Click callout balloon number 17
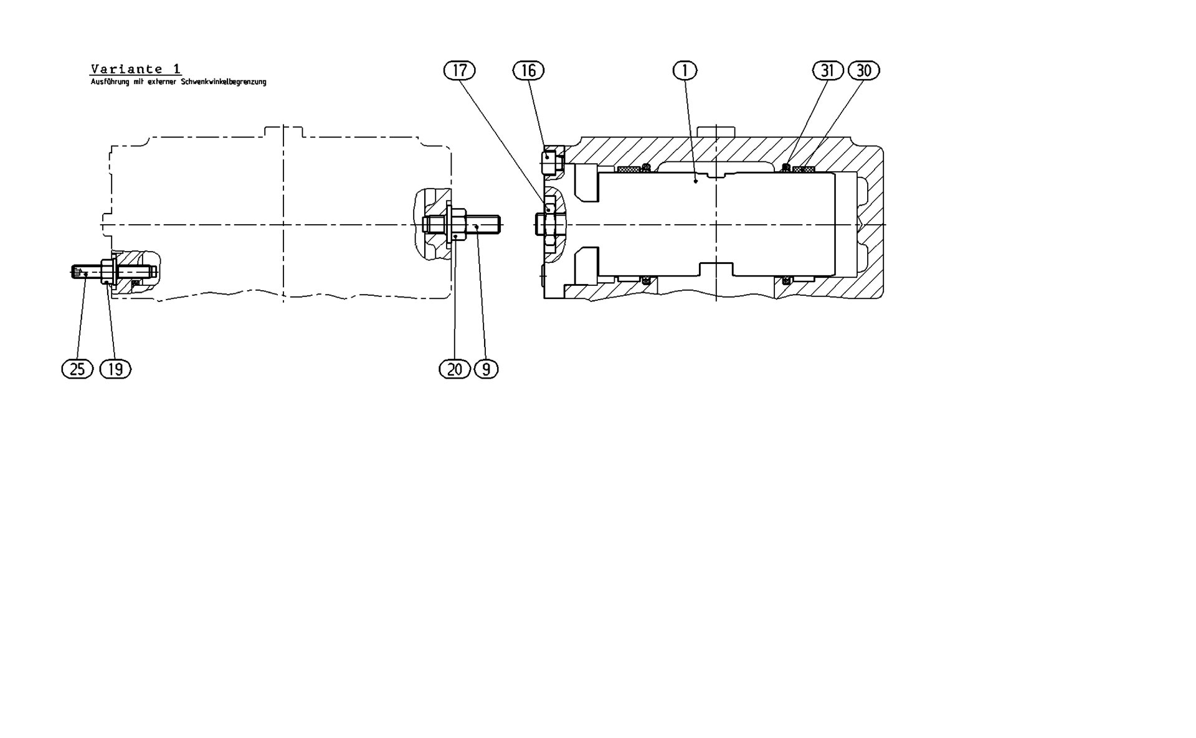pyautogui.click(x=459, y=70)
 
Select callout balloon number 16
pyautogui.click(x=528, y=70)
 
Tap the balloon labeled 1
pyautogui.click(x=685, y=70)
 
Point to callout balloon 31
pyautogui.click(x=827, y=70)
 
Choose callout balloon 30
pyautogui.click(x=863, y=70)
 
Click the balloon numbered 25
pyautogui.click(x=77, y=369)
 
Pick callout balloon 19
pyautogui.click(x=115, y=369)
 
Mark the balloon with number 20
pyautogui.click(x=455, y=369)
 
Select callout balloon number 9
pyautogui.click(x=486, y=369)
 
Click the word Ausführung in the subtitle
pyautogui.click(x=110, y=82)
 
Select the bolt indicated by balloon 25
pyautogui.click(x=87, y=272)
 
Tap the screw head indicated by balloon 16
pyautogui.click(x=549, y=159)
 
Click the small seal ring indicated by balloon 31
pyautogui.click(x=787, y=166)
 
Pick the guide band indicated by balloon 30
pyautogui.click(x=807, y=169)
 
